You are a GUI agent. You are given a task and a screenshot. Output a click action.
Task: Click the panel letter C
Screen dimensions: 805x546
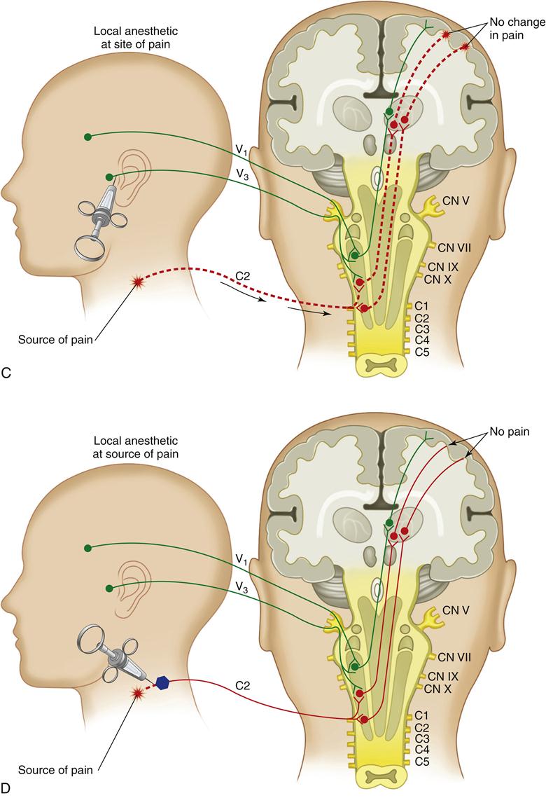[x=6, y=373]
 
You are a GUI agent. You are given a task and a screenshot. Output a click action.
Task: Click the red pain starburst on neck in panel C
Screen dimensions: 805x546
[x=138, y=281]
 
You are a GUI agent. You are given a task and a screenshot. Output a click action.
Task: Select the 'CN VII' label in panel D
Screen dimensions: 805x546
[x=454, y=656]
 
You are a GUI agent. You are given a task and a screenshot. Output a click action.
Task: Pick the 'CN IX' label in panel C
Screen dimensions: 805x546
[x=442, y=266]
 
